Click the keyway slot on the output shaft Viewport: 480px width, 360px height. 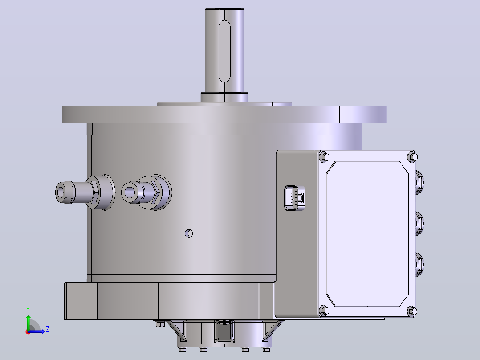click(x=224, y=52)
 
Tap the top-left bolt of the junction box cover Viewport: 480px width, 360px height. click(x=324, y=157)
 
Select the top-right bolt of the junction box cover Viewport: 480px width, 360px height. click(x=412, y=157)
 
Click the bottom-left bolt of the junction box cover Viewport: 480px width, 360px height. click(x=324, y=311)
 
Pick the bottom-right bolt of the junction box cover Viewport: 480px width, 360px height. click(x=412, y=311)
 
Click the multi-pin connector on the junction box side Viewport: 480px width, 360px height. click(x=294, y=198)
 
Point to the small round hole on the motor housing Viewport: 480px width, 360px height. click(x=189, y=233)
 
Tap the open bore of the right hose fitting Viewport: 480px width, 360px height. click(x=129, y=192)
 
